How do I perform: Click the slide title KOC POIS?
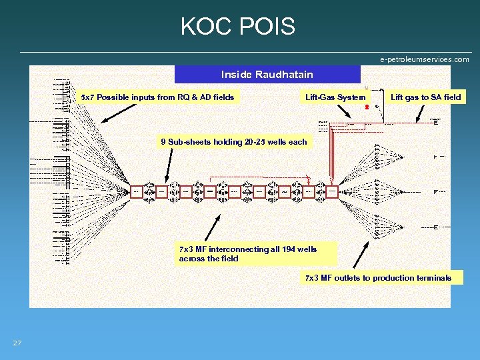point(237,27)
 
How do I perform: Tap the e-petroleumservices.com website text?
point(425,59)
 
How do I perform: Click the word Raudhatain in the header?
point(285,74)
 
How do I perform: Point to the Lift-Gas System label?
point(335,97)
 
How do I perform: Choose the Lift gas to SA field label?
point(425,97)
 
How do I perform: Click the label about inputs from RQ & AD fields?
point(157,97)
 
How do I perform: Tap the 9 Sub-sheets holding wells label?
point(233,141)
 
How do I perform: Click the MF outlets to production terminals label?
point(378,277)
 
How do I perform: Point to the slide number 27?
point(17,343)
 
